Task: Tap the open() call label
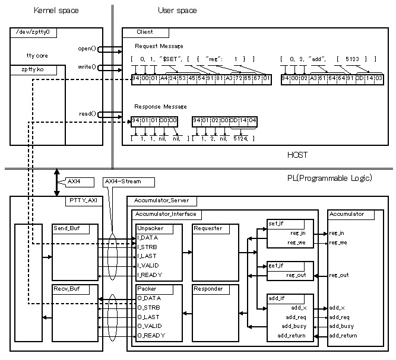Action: click(x=87, y=48)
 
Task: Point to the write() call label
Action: click(x=87, y=67)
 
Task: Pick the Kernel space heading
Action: click(x=56, y=11)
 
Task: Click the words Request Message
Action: click(x=159, y=46)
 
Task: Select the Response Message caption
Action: click(x=161, y=107)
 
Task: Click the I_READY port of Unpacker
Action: click(x=150, y=275)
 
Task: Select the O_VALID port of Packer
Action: click(x=150, y=326)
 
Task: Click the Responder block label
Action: click(x=208, y=289)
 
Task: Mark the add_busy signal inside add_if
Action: click(x=294, y=326)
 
